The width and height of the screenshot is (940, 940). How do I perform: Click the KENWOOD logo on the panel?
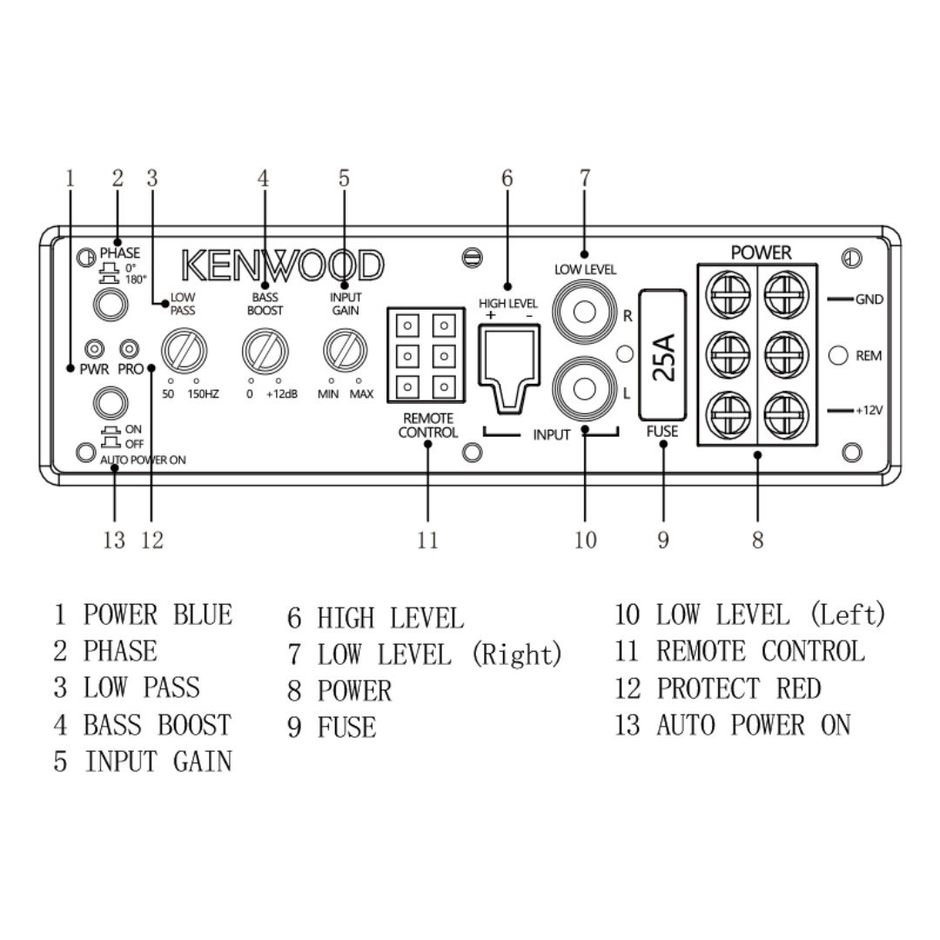pyautogui.click(x=282, y=265)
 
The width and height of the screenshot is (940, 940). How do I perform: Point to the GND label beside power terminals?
pyautogui.click(x=869, y=299)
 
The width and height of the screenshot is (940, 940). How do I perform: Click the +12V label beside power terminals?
pyautogui.click(x=868, y=408)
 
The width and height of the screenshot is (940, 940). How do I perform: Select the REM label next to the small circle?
pyautogui.click(x=869, y=355)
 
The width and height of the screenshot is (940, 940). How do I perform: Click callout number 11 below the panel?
pyautogui.click(x=427, y=540)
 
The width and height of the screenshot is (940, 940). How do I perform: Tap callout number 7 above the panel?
pyautogui.click(x=585, y=178)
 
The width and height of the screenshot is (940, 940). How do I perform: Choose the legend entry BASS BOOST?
pyautogui.click(x=157, y=725)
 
